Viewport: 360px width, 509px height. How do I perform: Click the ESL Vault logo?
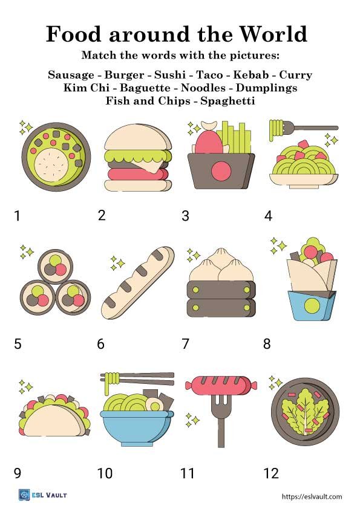click(x=43, y=495)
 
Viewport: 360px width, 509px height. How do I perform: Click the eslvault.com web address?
click(x=312, y=496)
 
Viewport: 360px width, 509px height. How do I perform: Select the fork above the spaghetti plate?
click(x=309, y=128)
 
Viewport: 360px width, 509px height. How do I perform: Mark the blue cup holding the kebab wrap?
click(x=311, y=305)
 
